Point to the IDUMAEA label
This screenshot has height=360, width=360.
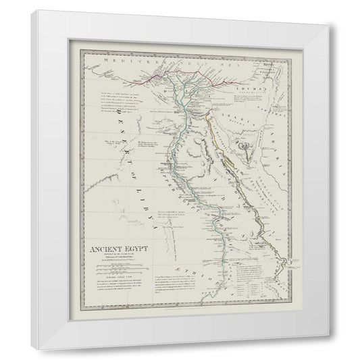[x=252, y=88]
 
